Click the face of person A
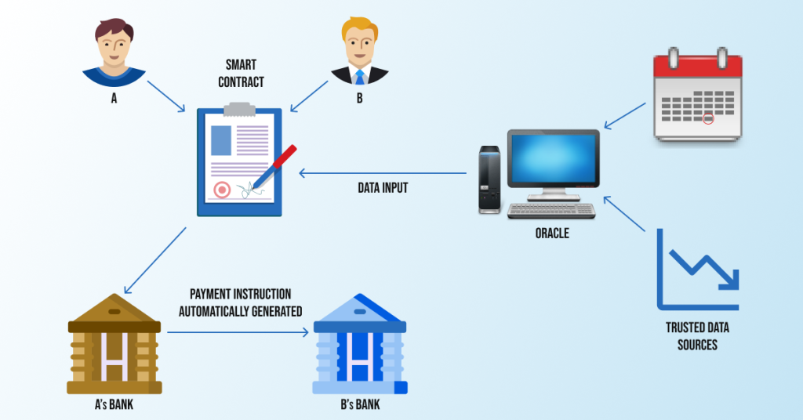coord(114,46)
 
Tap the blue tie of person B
coord(359,77)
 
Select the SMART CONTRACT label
coord(241,74)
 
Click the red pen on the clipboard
coord(274,167)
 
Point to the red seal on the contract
coord(222,190)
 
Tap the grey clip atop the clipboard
coord(239,109)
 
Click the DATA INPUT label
coord(383,188)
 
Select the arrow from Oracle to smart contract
coord(383,173)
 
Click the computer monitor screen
coord(553,158)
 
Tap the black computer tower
coord(489,179)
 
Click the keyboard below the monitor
coord(551,211)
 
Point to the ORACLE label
coord(552,234)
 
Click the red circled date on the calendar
coord(708,118)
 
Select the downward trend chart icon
coord(697,270)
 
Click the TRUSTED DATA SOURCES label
coord(697,336)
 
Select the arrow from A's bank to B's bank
coord(238,332)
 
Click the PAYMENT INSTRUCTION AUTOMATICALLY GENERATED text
coord(240,302)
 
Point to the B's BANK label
coord(360,404)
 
